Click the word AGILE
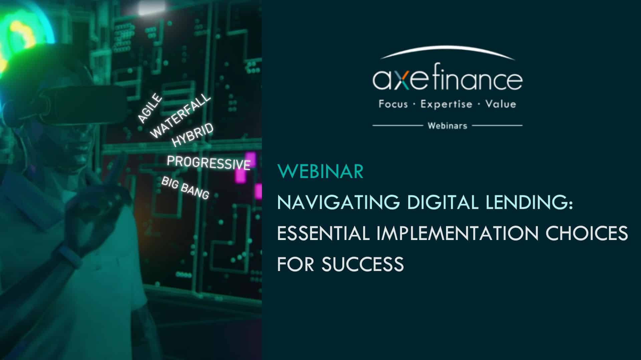point(150,109)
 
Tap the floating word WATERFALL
point(181,116)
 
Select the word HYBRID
point(192,135)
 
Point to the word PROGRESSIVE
point(209,163)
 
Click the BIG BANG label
point(185,188)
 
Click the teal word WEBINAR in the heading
point(320,171)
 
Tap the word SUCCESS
point(363,264)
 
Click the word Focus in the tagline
point(393,104)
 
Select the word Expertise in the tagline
point(446,105)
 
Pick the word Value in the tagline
point(501,104)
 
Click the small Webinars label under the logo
point(447,126)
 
